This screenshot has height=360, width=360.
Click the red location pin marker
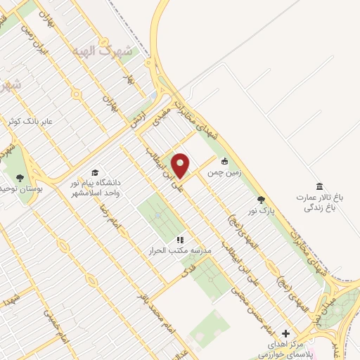(181, 165)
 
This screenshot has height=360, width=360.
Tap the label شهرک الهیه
(105, 51)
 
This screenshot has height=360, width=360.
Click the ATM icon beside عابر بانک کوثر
(10, 122)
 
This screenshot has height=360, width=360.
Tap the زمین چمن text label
(225, 169)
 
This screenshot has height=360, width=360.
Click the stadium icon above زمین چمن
(225, 160)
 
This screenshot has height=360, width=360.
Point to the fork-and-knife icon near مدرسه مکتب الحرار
(180, 240)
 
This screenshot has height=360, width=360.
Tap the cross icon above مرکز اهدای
(285, 333)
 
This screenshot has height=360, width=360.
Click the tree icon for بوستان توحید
(18, 177)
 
